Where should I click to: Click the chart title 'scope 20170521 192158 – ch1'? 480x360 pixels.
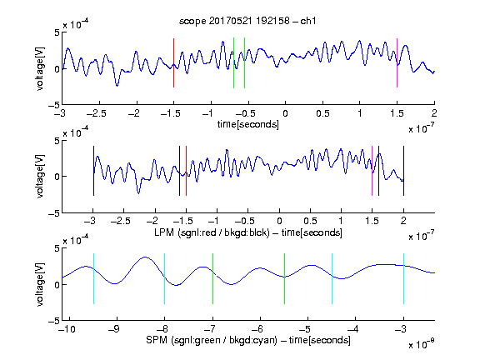247,21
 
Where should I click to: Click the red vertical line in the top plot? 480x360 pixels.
173,63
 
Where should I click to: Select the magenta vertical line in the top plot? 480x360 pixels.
397,63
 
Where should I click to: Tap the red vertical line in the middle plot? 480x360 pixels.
186,171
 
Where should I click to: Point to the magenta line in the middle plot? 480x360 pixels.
372,171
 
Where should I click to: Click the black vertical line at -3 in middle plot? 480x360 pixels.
93,171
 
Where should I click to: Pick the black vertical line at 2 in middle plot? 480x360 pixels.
403,171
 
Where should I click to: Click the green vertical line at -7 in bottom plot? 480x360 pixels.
212,279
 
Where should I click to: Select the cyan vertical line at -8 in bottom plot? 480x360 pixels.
165,279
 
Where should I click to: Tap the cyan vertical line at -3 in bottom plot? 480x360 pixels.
404,279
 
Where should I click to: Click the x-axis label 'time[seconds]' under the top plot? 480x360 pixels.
248,125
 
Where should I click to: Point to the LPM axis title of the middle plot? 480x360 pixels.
248,232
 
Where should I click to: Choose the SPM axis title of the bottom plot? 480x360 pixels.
248,340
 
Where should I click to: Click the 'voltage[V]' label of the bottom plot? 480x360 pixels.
40,285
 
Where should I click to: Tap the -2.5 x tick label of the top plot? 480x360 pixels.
97,113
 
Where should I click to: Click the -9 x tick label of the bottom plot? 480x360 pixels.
114,329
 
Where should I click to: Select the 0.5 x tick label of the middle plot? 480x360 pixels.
310,221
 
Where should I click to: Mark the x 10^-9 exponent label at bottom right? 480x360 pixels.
422,344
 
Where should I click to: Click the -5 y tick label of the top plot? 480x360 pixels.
54,105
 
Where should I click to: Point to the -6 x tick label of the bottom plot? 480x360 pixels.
257,329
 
